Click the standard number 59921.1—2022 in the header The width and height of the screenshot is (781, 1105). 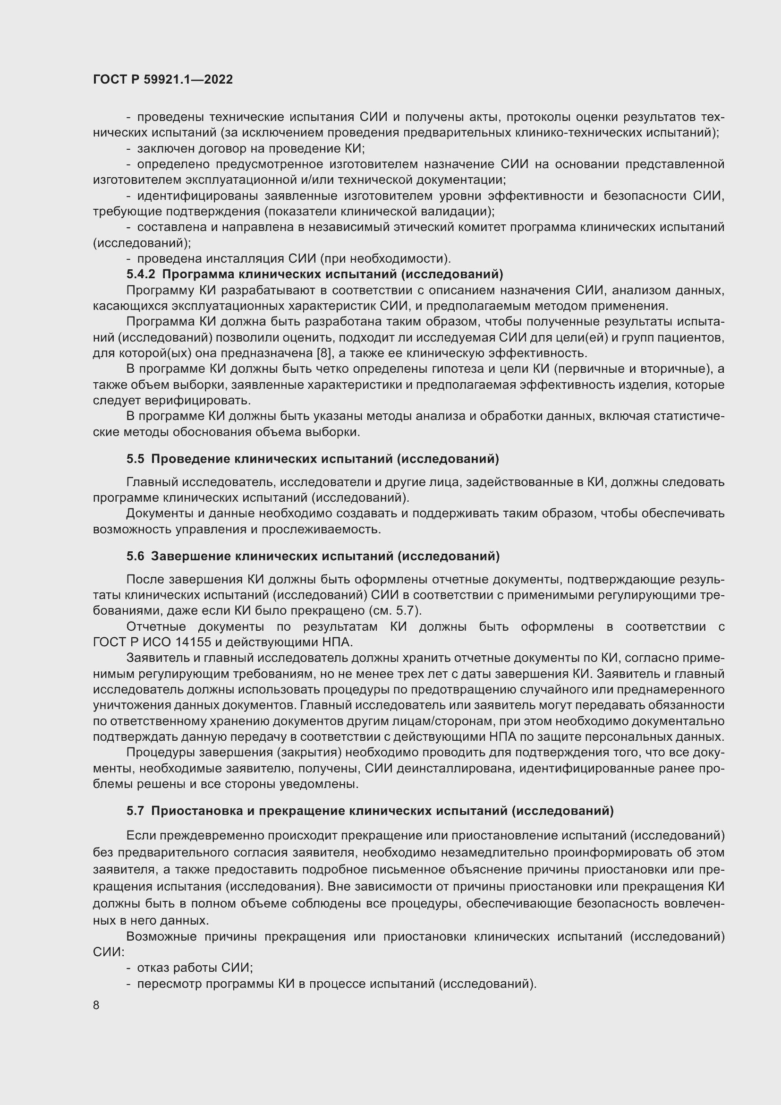(x=188, y=80)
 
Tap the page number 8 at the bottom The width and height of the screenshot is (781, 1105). (x=96, y=1005)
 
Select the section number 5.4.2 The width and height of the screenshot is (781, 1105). (x=141, y=274)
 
